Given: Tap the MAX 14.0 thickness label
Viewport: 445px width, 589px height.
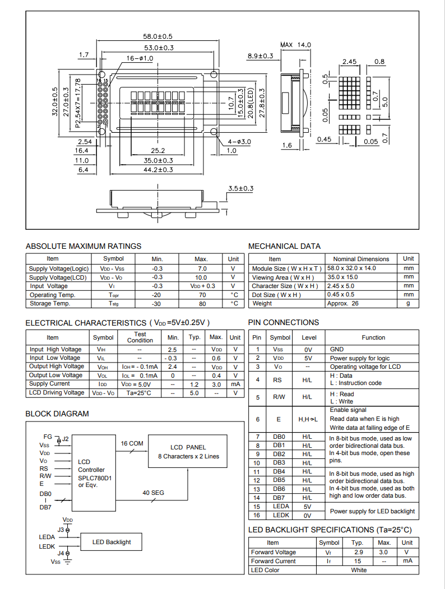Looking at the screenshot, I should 295,45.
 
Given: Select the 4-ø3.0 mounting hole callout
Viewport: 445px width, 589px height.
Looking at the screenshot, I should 239,142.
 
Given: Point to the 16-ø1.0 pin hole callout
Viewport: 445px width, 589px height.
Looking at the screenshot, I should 140,58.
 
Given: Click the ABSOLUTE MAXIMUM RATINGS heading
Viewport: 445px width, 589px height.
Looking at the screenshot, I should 84,246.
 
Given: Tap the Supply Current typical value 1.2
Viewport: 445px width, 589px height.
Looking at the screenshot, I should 194,384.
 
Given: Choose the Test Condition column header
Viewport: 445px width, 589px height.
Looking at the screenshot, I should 140,337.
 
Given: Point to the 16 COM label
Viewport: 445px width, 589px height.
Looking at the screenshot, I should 132,443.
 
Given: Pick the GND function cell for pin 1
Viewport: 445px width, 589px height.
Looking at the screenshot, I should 337,349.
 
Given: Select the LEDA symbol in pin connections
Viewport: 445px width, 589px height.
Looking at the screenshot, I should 281,507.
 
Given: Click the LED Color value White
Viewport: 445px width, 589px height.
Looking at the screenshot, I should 359,570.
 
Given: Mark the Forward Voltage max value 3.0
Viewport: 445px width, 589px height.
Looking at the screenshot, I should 384,553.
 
